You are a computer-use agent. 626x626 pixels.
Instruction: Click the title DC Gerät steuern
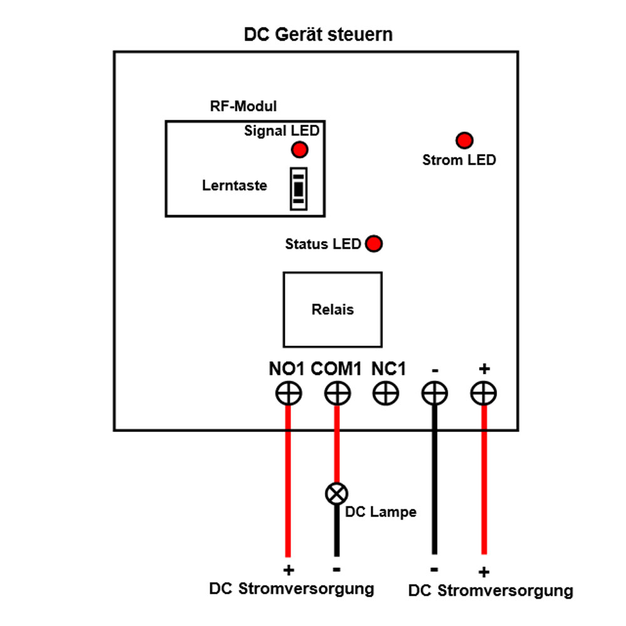pyautogui.click(x=318, y=34)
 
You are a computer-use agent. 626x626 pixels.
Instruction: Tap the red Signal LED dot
pyautogui.click(x=299, y=150)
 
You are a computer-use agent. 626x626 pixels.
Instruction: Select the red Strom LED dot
pyautogui.click(x=464, y=140)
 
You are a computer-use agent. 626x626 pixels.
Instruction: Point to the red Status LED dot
pyautogui.click(x=374, y=244)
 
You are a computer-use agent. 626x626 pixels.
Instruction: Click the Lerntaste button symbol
pyautogui.click(x=299, y=188)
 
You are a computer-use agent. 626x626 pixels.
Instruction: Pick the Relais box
pyautogui.click(x=332, y=309)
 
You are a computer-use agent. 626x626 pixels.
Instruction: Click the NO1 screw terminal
pyautogui.click(x=289, y=394)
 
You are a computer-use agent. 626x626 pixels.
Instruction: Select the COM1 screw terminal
pyautogui.click(x=337, y=394)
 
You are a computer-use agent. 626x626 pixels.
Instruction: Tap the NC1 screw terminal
pyautogui.click(x=386, y=394)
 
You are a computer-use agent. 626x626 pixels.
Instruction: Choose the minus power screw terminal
pyautogui.click(x=434, y=394)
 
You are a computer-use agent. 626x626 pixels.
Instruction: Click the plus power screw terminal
pyautogui.click(x=483, y=394)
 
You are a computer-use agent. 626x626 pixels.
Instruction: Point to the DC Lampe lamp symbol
pyautogui.click(x=336, y=494)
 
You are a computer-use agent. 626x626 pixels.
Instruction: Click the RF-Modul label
pyautogui.click(x=243, y=106)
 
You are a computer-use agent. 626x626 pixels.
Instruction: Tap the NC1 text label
pyautogui.click(x=389, y=369)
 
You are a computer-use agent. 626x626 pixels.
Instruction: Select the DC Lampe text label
pyautogui.click(x=381, y=512)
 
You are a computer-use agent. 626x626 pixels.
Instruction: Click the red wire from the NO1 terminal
pyautogui.click(x=289, y=482)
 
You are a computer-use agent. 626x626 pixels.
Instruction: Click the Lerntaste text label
pyautogui.click(x=235, y=186)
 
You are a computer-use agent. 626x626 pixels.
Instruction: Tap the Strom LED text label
pyautogui.click(x=459, y=160)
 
